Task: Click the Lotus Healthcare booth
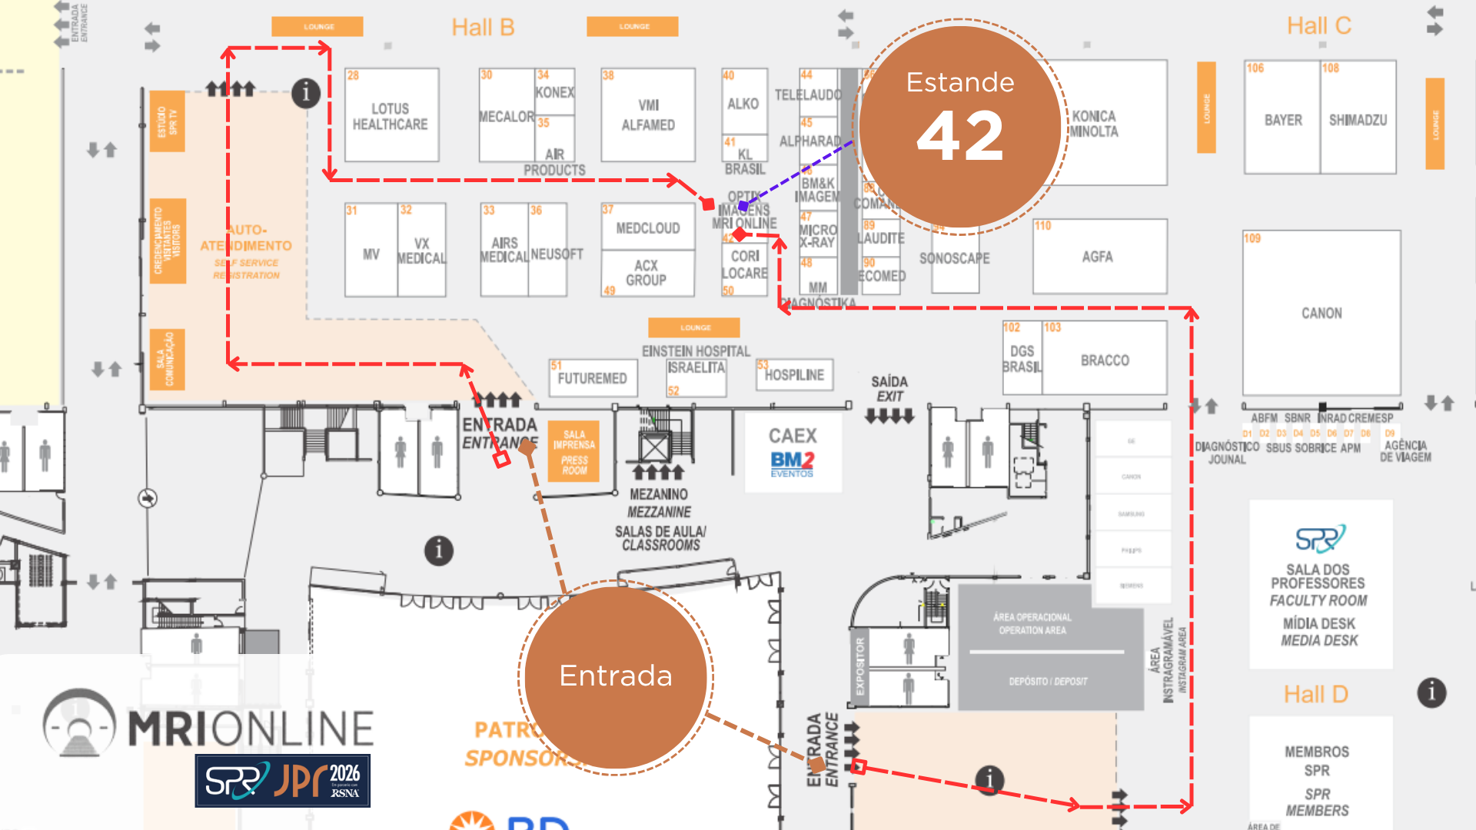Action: pos(391,116)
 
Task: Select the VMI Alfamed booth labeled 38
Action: pos(648,115)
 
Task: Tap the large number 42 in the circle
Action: pos(960,137)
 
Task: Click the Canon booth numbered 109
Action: pos(1321,313)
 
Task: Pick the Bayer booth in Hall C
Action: pos(1282,120)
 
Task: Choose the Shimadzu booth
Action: pos(1358,120)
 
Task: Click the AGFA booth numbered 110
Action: pos(1098,257)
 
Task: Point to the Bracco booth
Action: pos(1105,360)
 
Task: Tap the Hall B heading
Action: pos(483,28)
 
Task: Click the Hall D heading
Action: pos(1315,695)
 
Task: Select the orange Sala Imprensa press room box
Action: pos(573,451)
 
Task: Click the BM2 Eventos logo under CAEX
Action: pos(793,463)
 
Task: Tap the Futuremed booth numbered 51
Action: pos(592,378)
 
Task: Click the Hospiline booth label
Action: pos(794,375)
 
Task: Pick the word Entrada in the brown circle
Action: pos(616,676)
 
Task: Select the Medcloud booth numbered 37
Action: pos(647,228)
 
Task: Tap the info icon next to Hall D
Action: pos(1431,692)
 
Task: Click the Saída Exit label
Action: pos(889,389)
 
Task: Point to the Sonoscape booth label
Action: pos(954,259)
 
